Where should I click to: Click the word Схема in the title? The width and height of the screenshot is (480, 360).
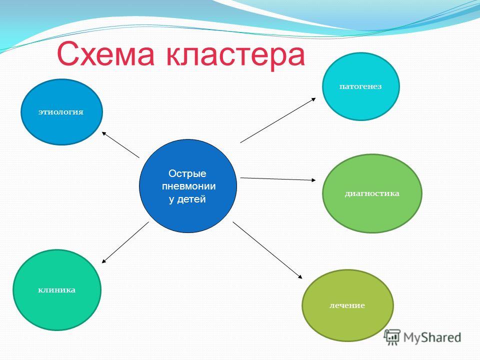[x=105, y=54]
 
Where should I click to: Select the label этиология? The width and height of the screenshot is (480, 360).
[x=61, y=112]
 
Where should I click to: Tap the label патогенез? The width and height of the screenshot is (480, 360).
[x=360, y=86]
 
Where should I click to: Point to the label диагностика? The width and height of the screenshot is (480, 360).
[x=372, y=193]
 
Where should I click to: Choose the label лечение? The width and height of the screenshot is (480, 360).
[x=347, y=305]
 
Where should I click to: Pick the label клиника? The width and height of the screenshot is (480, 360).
[x=56, y=290]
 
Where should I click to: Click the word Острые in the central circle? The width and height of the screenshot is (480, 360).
[x=187, y=174]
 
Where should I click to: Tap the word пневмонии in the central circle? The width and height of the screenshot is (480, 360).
[x=188, y=186]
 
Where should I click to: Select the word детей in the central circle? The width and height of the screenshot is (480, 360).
[x=191, y=199]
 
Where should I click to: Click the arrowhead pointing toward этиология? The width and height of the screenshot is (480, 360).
[x=104, y=133]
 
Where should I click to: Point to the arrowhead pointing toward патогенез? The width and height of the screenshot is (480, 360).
[x=313, y=99]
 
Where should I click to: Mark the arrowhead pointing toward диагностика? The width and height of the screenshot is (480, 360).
[x=313, y=180]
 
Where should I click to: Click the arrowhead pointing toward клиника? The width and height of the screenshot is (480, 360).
[x=104, y=261]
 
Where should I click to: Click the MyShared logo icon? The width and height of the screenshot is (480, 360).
[x=392, y=337]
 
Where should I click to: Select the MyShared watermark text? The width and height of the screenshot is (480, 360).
[x=432, y=337]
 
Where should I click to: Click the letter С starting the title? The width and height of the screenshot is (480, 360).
[x=67, y=54]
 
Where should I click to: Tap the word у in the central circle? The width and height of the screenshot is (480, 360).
[x=172, y=199]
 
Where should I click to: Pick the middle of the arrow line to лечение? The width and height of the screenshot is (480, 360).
[x=267, y=250]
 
